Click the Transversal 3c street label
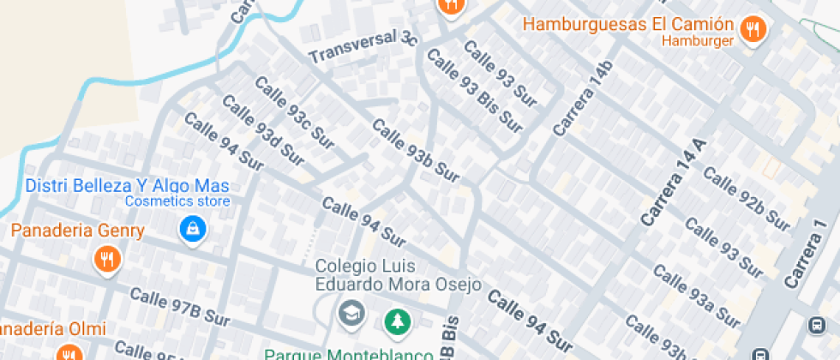pos(363,46)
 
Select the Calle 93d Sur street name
pos(263,131)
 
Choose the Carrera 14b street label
pos(584,99)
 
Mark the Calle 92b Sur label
pos(746,199)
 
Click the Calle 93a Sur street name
pos(696,296)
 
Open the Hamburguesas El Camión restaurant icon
pos(753,29)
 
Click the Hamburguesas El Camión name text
pos(628,24)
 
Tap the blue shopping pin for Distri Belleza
pos(190,229)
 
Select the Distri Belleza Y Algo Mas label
pos(127,185)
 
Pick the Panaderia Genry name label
pos(77,231)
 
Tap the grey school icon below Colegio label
pos(351,313)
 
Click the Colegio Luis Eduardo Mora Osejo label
pos(398,275)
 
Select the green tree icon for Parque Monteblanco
pos(397,321)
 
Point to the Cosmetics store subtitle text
pos(177,201)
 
